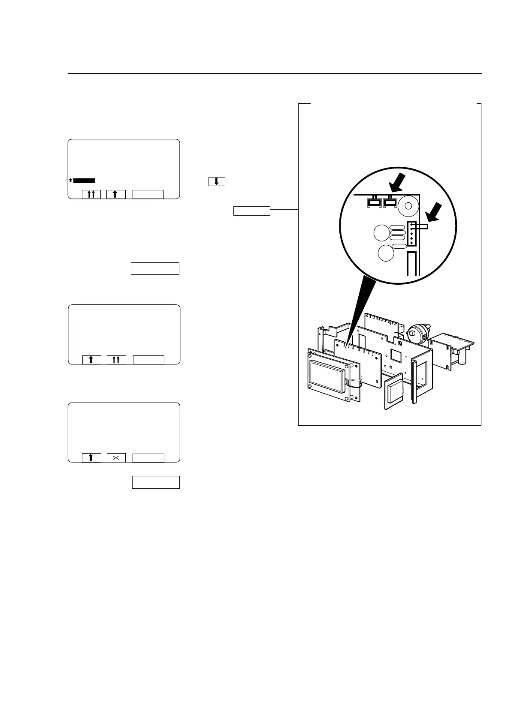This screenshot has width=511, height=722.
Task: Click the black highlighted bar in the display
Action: [x=84, y=180]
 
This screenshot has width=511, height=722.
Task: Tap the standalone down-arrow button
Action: [x=217, y=181]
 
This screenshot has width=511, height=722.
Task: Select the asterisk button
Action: [x=116, y=458]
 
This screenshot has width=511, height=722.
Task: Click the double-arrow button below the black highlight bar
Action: [x=91, y=194]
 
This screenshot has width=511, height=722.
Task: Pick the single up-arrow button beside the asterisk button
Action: [x=91, y=458]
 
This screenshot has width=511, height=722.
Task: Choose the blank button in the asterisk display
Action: [x=148, y=458]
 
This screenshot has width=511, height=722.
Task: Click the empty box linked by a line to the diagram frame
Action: [x=252, y=211]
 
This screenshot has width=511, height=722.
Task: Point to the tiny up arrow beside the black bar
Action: [x=70, y=180]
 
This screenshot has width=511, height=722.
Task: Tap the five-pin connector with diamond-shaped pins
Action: [x=411, y=234]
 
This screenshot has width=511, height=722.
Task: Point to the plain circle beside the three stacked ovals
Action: [x=381, y=234]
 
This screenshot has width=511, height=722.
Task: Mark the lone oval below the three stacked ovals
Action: [x=399, y=246]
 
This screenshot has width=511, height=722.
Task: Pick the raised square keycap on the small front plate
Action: [x=394, y=391]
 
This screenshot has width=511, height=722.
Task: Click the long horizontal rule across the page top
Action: [x=275, y=74]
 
